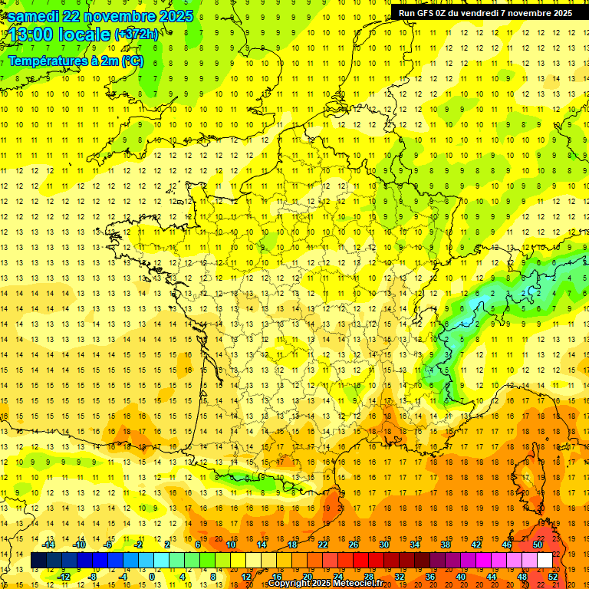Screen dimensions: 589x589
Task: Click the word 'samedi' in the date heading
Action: [x=35, y=16]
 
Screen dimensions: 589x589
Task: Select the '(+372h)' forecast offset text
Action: [x=137, y=34]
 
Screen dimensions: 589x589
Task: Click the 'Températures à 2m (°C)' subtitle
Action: [x=75, y=61]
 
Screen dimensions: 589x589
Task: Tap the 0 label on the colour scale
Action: [x=151, y=577]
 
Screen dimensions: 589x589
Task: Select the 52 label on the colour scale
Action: [x=552, y=577]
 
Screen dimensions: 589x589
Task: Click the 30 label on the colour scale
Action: [x=383, y=544]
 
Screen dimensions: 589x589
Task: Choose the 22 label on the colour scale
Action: [x=323, y=544]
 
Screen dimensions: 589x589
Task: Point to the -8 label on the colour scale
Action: [x=92, y=577]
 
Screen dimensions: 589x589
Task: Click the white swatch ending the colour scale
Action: [x=545, y=561]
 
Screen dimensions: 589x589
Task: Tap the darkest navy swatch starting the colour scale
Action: [x=39, y=561]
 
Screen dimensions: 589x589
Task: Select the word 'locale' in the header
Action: [x=87, y=35]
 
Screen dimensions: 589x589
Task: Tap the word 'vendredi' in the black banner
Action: [x=475, y=12]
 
